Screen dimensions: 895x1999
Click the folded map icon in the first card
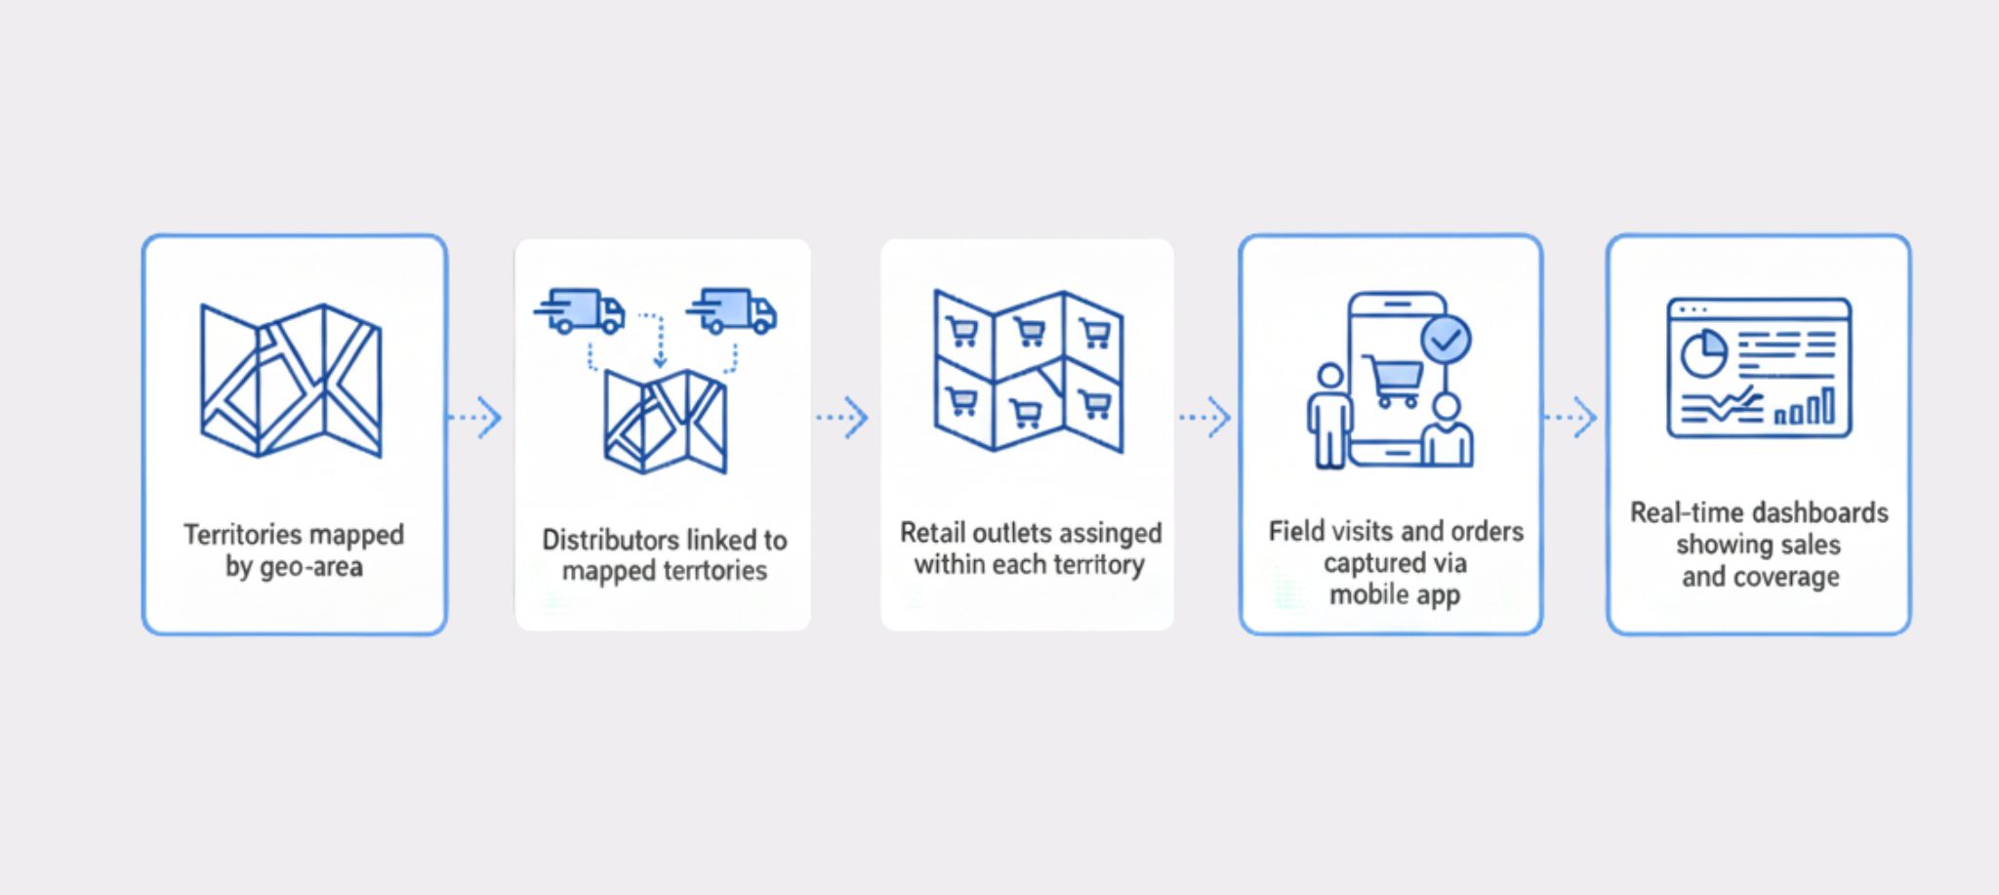tap(291, 380)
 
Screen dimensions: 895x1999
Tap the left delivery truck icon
tap(582, 310)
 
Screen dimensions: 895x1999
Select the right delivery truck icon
tap(734, 310)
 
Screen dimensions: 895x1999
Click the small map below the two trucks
tap(665, 422)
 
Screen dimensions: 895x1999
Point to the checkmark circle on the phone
tap(1446, 340)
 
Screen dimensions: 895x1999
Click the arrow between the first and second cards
tap(475, 418)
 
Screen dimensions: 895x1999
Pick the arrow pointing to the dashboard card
tap(1571, 418)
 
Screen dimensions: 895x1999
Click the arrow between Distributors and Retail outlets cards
tap(842, 418)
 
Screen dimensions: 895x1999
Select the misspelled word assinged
tap(1111, 533)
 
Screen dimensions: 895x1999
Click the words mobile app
tap(1395, 594)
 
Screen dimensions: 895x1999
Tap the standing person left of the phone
tap(1329, 417)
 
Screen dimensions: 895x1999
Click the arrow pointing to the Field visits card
tap(1205, 418)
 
